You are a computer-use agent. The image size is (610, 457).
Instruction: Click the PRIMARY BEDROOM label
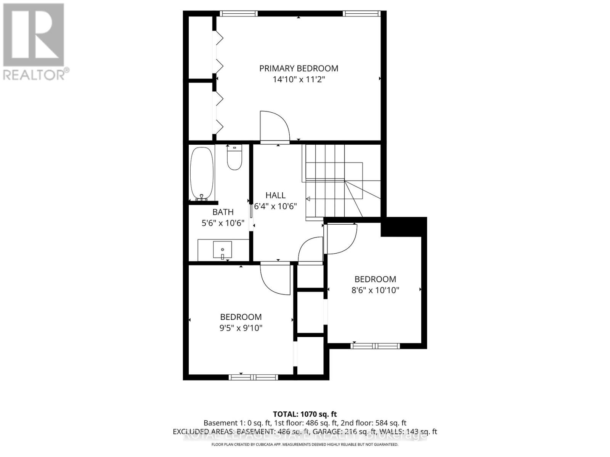click(299, 68)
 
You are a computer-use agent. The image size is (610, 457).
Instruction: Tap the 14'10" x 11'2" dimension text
click(299, 80)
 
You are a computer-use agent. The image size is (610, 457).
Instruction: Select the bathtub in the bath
click(201, 174)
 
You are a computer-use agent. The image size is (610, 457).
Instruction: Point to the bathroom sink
click(223, 250)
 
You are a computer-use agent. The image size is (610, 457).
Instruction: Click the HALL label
click(275, 195)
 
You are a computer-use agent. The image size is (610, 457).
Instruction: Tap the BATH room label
click(223, 212)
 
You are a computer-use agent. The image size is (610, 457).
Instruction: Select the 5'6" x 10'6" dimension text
click(223, 223)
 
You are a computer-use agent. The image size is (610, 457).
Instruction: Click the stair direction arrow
click(308, 199)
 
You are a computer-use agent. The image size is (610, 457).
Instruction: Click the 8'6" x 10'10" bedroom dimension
click(375, 290)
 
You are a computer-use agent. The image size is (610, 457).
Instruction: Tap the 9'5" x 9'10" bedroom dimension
click(241, 328)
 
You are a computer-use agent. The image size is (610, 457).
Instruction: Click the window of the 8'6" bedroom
click(375, 346)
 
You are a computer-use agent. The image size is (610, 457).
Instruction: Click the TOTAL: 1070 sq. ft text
click(305, 414)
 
